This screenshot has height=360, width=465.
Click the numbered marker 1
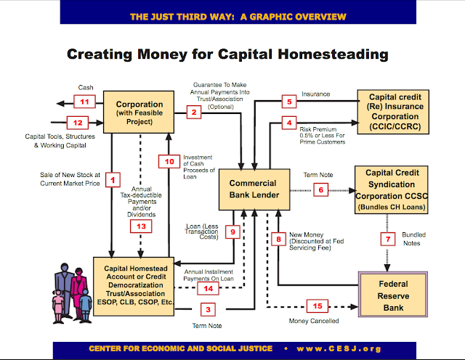tap(113, 177)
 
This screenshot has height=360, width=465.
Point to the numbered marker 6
tap(321, 191)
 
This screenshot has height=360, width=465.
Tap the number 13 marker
tap(142, 226)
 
